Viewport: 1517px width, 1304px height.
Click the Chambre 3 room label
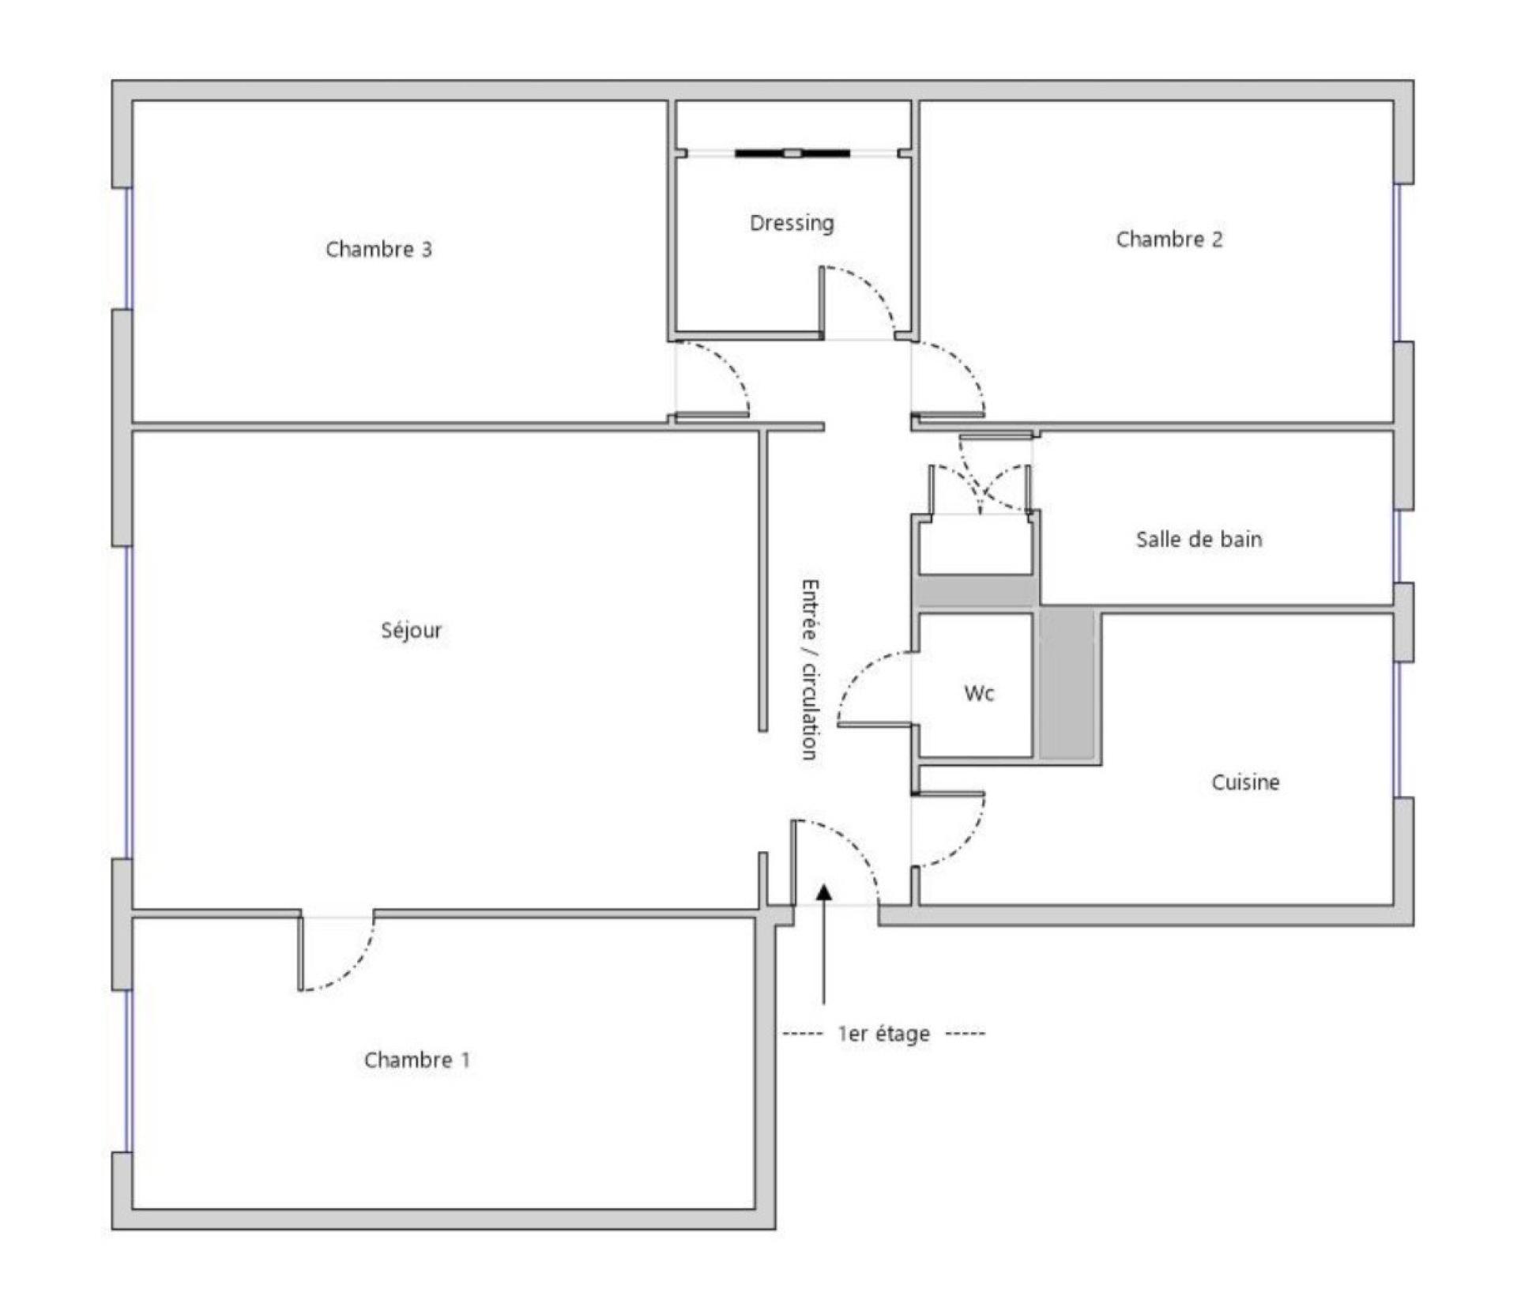coord(378,250)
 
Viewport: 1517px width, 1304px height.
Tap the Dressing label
coord(792,224)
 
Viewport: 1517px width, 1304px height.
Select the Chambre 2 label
coord(1169,239)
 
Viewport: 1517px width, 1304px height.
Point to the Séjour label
coord(412,631)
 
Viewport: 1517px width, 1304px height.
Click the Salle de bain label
coord(1199,540)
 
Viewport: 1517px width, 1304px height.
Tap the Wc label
coord(979,694)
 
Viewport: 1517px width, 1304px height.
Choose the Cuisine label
coord(1245,782)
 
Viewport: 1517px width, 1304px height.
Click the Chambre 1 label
coord(416,1060)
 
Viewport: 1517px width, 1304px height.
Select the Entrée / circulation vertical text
coord(810,669)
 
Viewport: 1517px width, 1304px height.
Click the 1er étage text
coord(883,1034)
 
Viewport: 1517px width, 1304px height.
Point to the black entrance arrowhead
coord(824,892)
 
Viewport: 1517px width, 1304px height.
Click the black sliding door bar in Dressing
coord(792,153)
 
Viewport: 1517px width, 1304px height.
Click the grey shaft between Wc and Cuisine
coord(1067,684)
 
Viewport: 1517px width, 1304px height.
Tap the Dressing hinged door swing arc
coord(873,288)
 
